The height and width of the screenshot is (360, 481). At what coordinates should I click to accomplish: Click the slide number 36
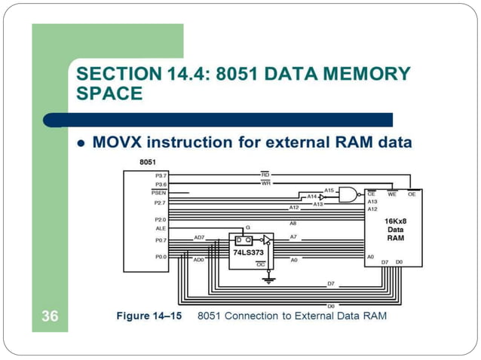(x=50, y=316)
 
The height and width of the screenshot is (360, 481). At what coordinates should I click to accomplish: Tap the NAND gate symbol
(x=348, y=195)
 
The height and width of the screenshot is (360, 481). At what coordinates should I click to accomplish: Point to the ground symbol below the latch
(x=267, y=280)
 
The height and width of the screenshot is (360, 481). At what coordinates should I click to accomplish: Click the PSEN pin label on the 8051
(x=159, y=193)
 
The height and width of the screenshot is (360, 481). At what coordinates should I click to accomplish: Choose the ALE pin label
(x=161, y=227)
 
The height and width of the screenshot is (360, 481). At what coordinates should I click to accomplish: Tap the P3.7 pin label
(x=161, y=175)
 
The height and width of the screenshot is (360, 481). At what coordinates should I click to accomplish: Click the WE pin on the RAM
(x=392, y=194)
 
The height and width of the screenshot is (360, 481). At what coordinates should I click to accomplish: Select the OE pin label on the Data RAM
(x=412, y=194)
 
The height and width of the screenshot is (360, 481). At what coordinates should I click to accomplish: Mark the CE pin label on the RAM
(x=372, y=194)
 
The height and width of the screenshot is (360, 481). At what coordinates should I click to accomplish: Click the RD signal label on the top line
(x=265, y=174)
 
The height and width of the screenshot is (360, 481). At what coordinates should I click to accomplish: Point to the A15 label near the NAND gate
(x=329, y=190)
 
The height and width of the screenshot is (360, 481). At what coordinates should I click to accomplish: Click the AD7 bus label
(x=199, y=236)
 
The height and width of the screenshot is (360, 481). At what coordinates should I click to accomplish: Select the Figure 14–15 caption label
(x=149, y=316)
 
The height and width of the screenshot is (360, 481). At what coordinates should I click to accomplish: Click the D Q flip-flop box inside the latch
(x=244, y=240)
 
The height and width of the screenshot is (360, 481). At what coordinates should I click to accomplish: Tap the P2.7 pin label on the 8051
(x=161, y=202)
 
